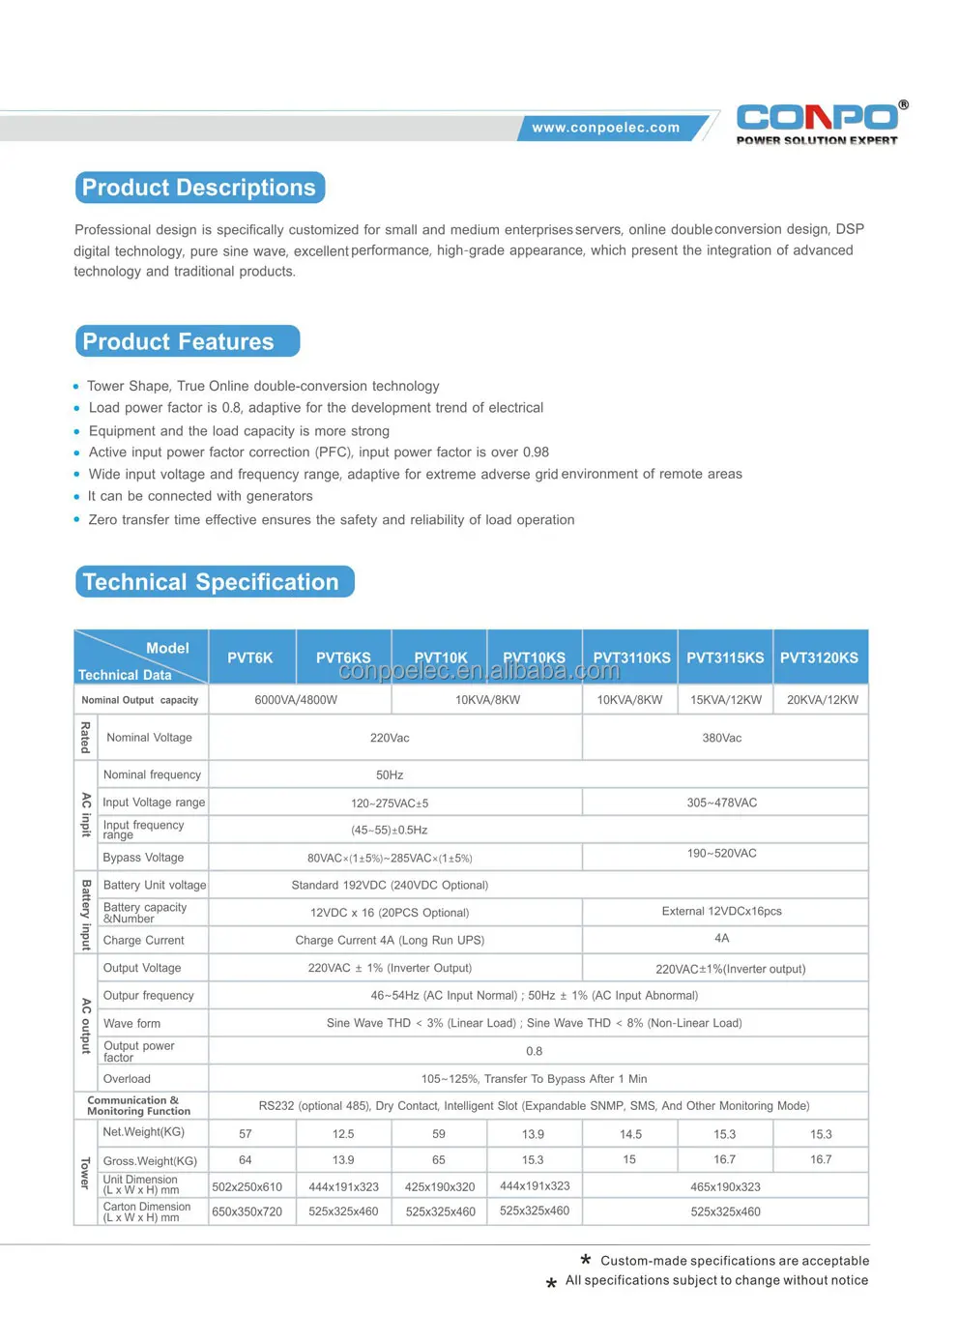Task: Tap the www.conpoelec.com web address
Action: [x=606, y=128]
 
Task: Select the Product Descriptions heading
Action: [x=199, y=188]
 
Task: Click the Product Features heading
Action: [x=179, y=341]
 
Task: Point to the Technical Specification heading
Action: [x=211, y=582]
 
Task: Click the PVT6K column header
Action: [x=250, y=657]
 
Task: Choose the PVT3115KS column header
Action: [x=725, y=657]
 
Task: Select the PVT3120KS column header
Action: [x=819, y=657]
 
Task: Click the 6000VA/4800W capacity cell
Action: [x=296, y=700]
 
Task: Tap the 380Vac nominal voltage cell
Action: [x=722, y=738]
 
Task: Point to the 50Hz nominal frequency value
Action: [x=390, y=775]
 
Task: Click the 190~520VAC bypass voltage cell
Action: [x=722, y=854]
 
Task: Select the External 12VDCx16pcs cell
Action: [x=722, y=912]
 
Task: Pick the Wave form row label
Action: [x=132, y=1024]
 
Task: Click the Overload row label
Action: [x=128, y=1079]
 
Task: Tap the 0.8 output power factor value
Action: [x=534, y=1051]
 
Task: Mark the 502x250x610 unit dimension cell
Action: [x=247, y=1187]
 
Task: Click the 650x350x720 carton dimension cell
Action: [x=247, y=1212]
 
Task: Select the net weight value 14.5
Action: [x=630, y=1134]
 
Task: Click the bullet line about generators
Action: [x=200, y=496]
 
